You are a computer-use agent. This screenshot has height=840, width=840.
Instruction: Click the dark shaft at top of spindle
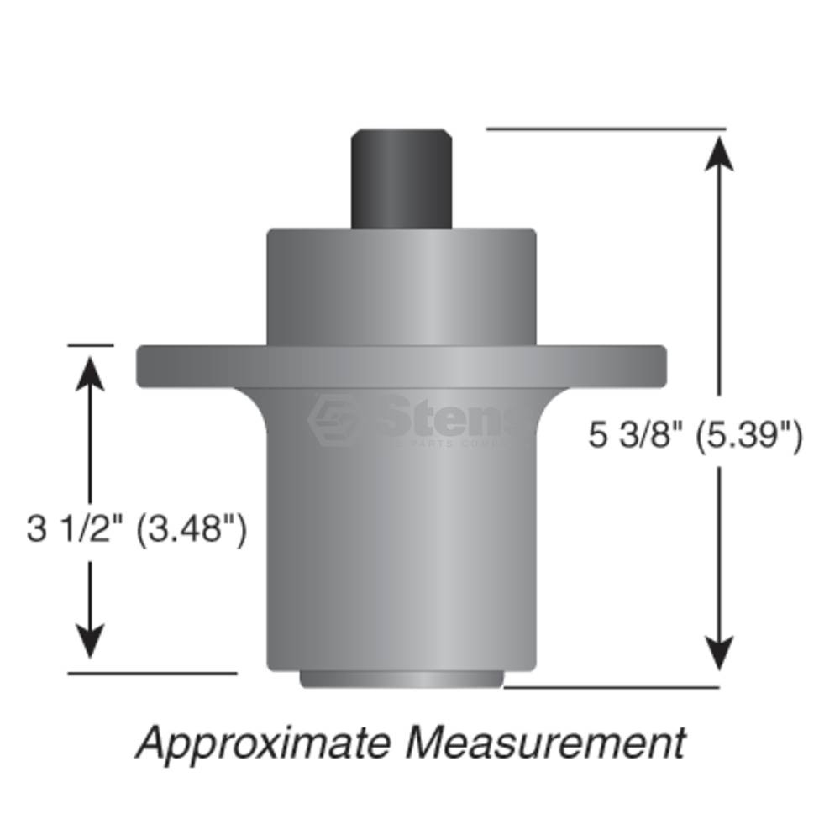coord(401,178)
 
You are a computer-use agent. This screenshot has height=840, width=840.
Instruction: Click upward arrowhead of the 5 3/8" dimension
coord(719,154)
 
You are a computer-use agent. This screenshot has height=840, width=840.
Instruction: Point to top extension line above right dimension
coord(606,129)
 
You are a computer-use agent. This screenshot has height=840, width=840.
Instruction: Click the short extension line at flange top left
coord(90,346)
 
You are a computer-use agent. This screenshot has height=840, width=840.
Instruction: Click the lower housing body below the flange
coord(401,543)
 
